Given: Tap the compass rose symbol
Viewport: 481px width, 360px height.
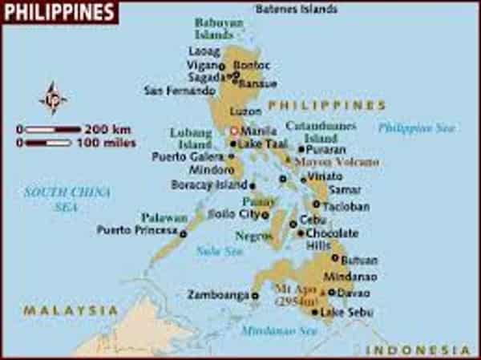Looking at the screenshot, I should click(x=53, y=97).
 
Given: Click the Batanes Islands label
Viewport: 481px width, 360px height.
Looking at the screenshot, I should click(x=296, y=10).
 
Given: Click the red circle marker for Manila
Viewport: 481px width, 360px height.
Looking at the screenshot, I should click(x=234, y=131).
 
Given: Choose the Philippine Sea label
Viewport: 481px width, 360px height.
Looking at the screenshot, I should click(x=416, y=127).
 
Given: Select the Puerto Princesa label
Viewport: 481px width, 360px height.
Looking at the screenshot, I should click(x=137, y=230).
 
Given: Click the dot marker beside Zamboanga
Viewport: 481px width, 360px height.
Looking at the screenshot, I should click(x=255, y=295).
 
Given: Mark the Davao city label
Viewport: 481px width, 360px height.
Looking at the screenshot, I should click(x=354, y=293).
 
